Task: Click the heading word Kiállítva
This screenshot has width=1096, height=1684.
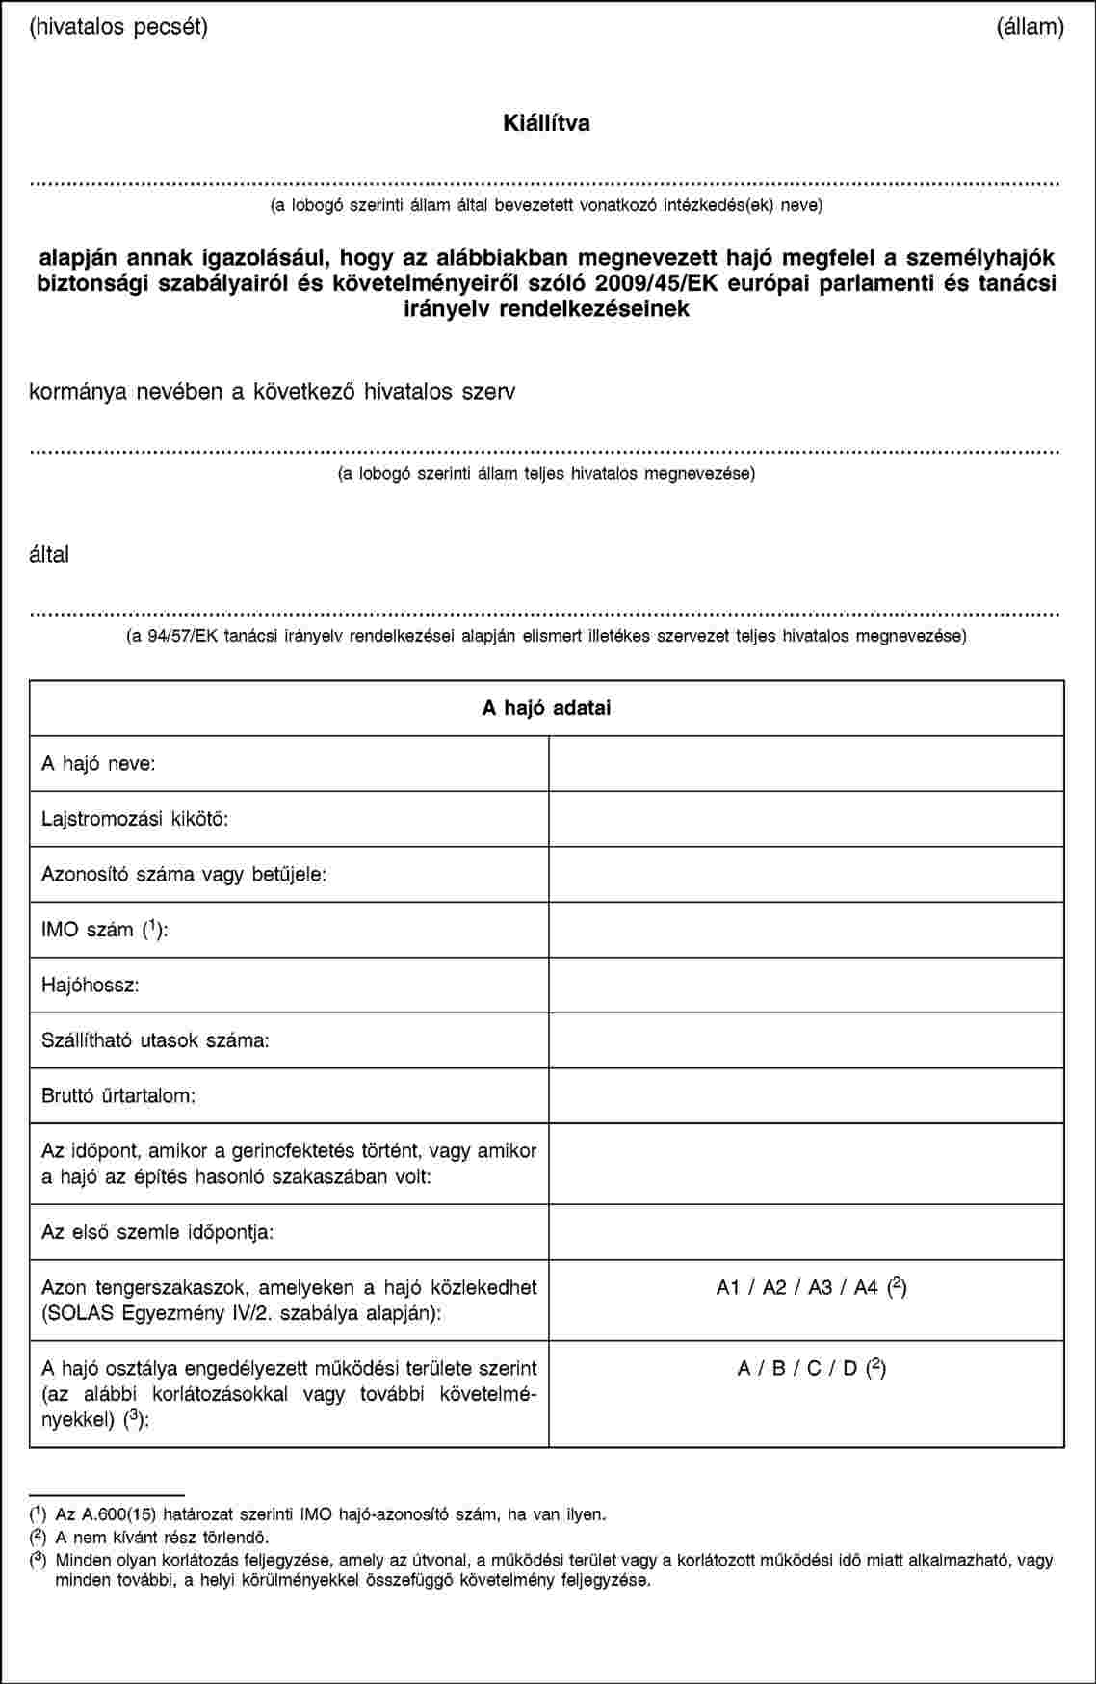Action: click(x=546, y=123)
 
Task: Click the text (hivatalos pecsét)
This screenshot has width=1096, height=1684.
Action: click(x=118, y=26)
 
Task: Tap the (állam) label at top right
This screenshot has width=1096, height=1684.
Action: click(x=1030, y=26)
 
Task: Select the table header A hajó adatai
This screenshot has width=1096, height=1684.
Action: click(x=546, y=708)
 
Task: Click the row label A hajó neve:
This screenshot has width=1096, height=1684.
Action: click(x=98, y=764)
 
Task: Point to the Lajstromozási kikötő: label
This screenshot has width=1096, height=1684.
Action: click(x=134, y=820)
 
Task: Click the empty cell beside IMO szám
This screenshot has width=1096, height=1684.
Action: click(x=806, y=930)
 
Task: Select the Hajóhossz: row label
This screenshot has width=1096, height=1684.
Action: click(x=90, y=986)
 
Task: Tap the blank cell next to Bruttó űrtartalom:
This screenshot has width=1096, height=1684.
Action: click(x=806, y=1096)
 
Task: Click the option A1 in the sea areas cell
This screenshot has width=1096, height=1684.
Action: click(x=728, y=1286)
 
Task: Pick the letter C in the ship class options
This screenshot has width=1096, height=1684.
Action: click(x=815, y=1367)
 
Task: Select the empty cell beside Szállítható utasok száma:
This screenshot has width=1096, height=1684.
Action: click(x=806, y=1040)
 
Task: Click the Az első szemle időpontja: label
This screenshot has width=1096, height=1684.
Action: click(x=157, y=1232)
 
